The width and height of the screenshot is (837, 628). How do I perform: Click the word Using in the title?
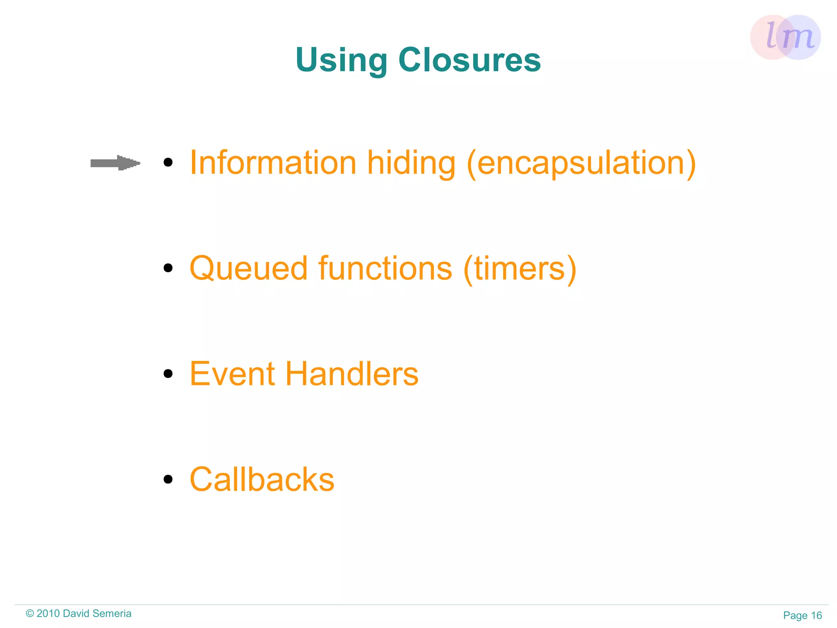click(x=341, y=61)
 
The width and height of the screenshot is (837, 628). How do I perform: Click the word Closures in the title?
click(x=470, y=60)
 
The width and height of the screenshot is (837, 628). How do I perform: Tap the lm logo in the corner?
click(x=785, y=37)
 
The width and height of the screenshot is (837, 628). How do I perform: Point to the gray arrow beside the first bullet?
click(x=115, y=163)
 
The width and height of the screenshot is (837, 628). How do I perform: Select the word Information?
click(x=273, y=163)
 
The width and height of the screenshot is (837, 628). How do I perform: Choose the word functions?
click(x=385, y=268)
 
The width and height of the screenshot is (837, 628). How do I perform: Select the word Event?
click(x=232, y=374)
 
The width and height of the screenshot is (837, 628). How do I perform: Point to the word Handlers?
click(x=351, y=374)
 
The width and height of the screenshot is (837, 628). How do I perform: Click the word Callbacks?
click(x=262, y=479)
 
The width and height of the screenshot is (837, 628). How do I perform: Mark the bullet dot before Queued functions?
click(x=168, y=268)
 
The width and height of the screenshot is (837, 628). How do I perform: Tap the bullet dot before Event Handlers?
click(x=168, y=374)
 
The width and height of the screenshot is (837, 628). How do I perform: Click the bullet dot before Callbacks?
click(x=168, y=479)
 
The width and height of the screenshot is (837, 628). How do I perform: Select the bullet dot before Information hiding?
click(x=168, y=163)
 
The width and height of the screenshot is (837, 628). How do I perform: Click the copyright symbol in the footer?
click(x=30, y=614)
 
